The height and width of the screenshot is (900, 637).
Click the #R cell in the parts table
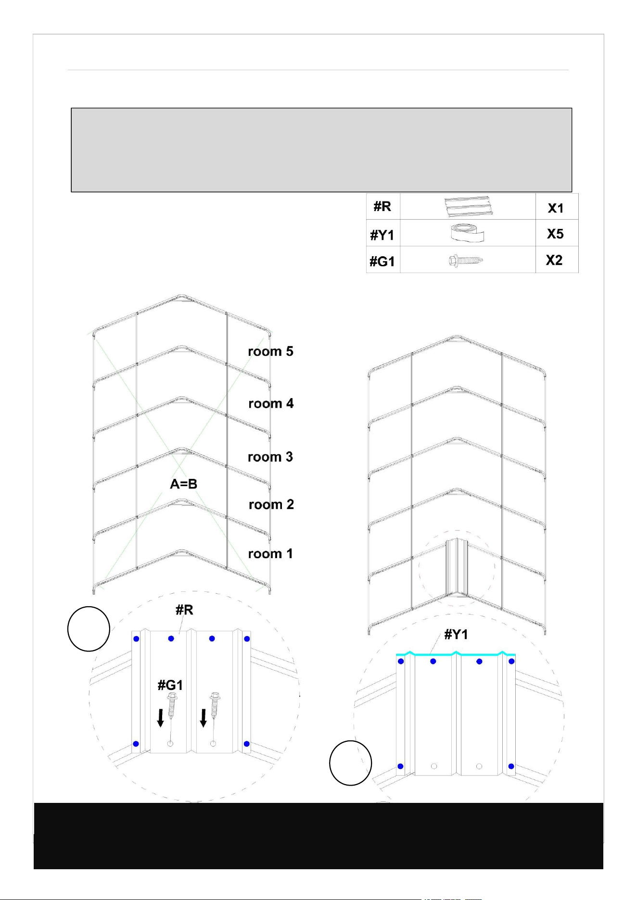click(x=382, y=207)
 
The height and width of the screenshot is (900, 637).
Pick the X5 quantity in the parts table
click(x=555, y=234)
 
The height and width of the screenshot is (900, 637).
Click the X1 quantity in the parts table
click(x=556, y=208)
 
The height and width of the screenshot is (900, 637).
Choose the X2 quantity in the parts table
click(x=554, y=260)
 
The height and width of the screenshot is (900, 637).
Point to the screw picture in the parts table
click(x=466, y=261)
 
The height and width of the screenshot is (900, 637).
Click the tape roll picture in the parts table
click(x=467, y=233)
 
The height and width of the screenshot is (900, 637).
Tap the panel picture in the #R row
click(x=467, y=206)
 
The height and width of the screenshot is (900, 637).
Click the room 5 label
click(x=270, y=351)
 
